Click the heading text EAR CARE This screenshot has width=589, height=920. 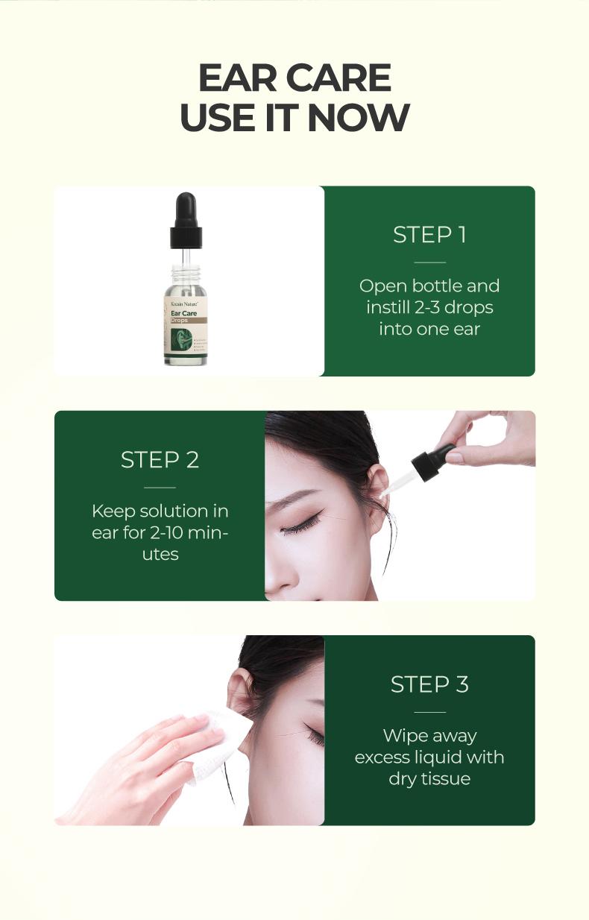tap(294, 78)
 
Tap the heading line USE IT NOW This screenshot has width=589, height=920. tap(294, 118)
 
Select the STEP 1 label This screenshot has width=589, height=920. tap(429, 235)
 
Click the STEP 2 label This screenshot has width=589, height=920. tap(160, 460)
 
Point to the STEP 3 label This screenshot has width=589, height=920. tap(429, 684)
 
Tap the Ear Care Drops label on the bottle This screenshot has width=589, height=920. tap(184, 317)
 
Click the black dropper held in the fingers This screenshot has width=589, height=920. tap(432, 463)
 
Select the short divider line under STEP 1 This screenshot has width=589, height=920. tap(429, 262)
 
